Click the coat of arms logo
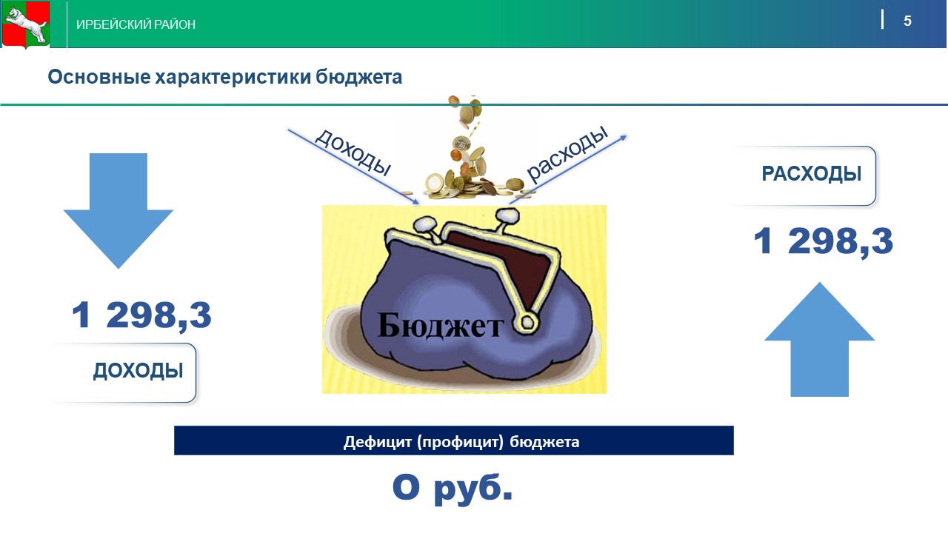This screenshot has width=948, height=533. [26, 24]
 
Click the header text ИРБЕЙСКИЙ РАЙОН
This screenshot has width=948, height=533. [136, 24]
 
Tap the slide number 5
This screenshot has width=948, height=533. [907, 21]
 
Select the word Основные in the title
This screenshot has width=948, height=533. [99, 77]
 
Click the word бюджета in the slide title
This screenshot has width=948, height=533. [359, 78]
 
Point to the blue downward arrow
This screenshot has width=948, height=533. [118, 210]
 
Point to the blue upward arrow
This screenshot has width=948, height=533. [819, 339]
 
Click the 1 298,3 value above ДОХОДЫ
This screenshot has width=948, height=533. [141, 315]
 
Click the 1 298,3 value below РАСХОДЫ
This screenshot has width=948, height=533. [823, 241]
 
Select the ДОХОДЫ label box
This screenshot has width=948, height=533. [124, 372]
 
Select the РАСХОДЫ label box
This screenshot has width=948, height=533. [804, 175]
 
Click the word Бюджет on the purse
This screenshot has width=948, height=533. [441, 325]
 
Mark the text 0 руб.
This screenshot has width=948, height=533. [453, 488]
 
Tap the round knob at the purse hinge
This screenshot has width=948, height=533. [527, 324]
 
